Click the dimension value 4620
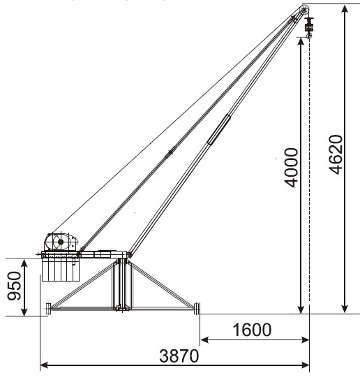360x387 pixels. tap(336, 155)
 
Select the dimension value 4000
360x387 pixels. tap(291, 168)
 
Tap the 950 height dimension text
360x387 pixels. tap(15, 286)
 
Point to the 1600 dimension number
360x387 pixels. tap(252, 330)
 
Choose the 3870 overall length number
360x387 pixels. tap(179, 356)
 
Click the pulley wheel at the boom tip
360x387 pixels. tap(304, 10)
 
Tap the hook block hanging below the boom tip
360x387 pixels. tap(308, 28)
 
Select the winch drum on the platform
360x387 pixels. tap(61, 242)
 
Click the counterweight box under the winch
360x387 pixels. tap(61, 270)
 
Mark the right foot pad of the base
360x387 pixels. tap(197, 309)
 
